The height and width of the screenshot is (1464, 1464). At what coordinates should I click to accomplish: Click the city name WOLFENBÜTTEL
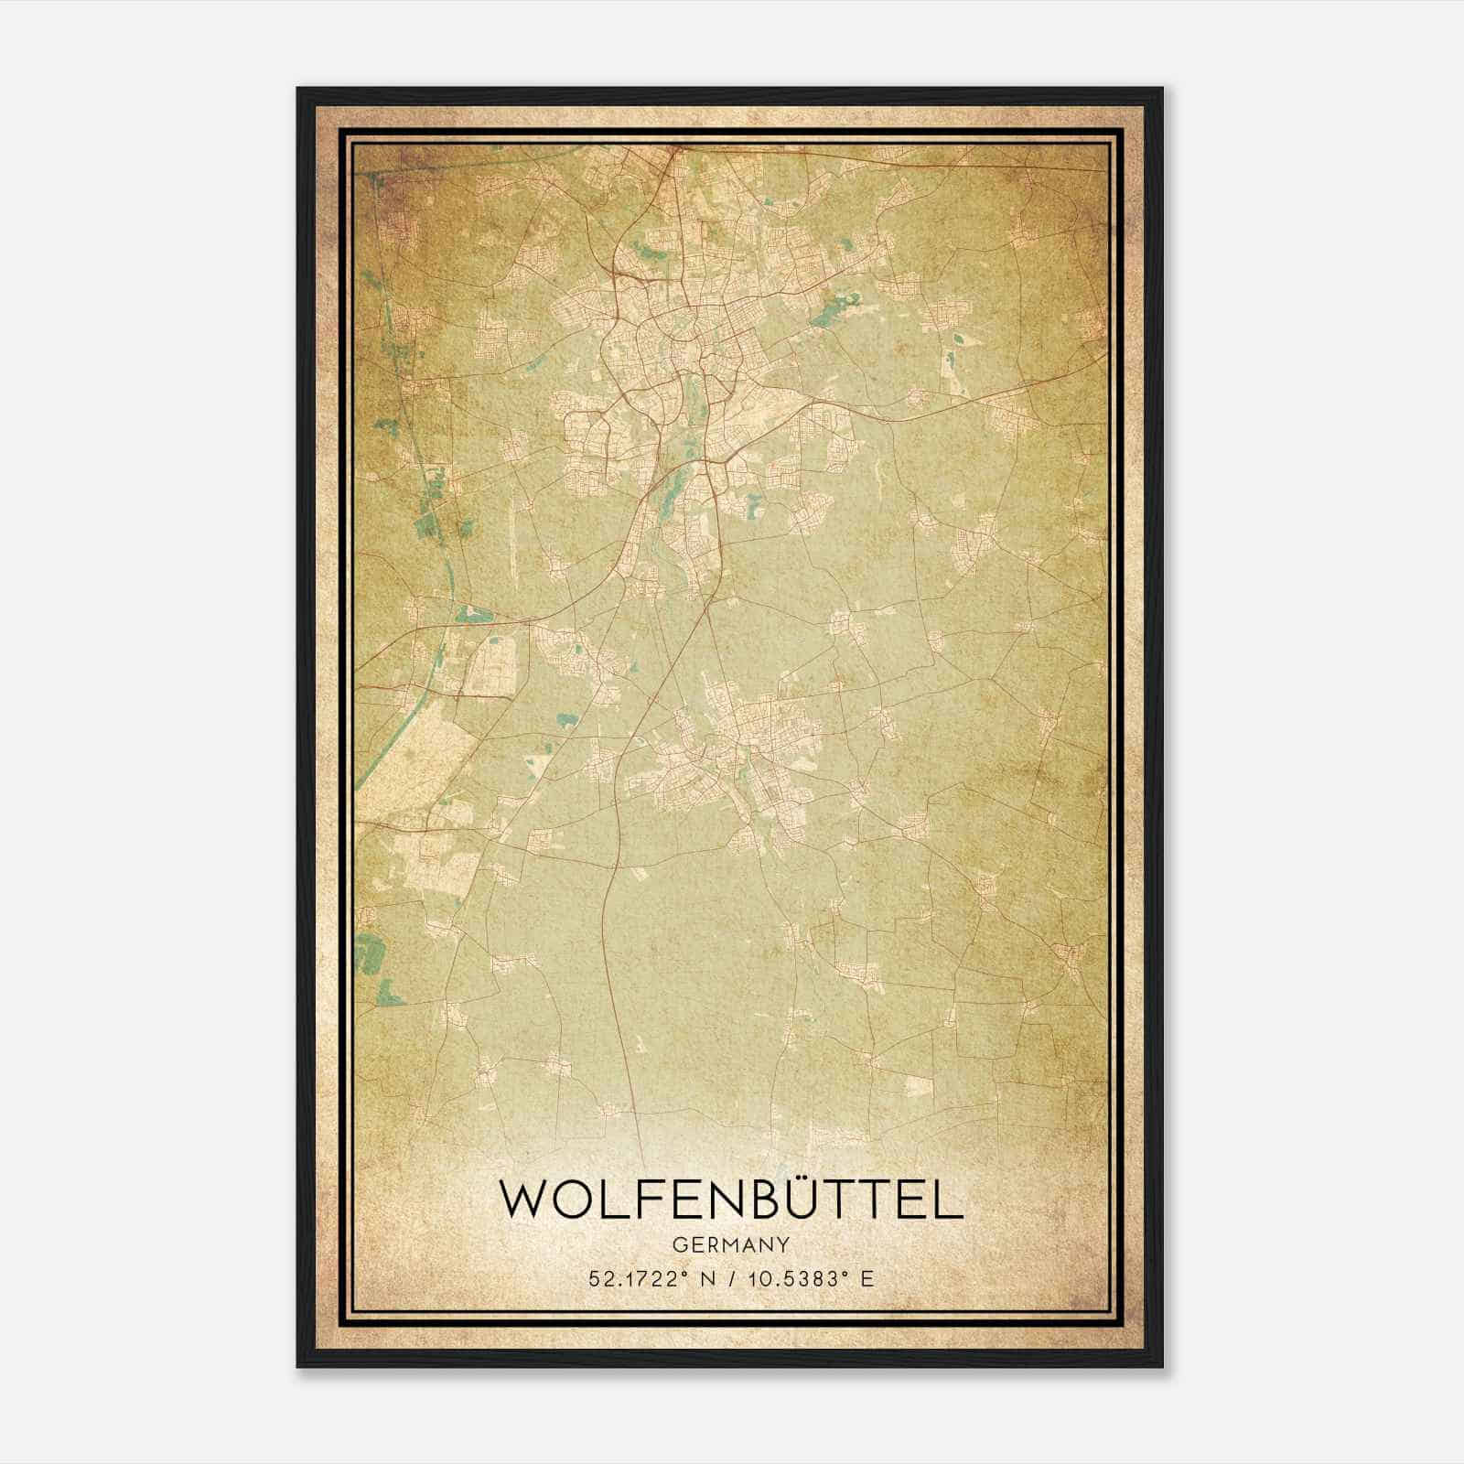point(731,1200)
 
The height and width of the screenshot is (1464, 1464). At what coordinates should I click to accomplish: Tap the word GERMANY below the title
point(731,1244)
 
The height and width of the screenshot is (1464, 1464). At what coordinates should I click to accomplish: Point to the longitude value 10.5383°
point(790,1278)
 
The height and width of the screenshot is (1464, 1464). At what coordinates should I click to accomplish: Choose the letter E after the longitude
point(867,1278)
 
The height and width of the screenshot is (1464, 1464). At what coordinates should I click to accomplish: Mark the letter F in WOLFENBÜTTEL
point(656,1200)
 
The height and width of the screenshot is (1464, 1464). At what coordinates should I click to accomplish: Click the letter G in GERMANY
point(678,1244)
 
